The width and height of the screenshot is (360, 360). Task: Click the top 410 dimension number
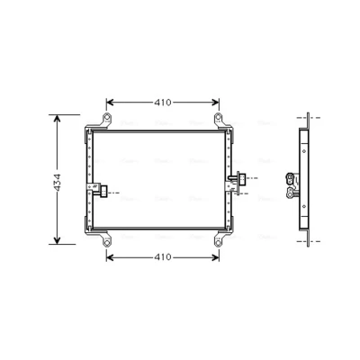163,103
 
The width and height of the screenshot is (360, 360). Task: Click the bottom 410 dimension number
163,257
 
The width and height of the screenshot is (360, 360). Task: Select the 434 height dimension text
57,183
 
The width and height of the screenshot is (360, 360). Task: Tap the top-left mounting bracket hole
106,117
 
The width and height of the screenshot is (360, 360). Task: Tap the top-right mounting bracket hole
218,117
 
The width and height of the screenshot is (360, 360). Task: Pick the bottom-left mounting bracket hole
107,242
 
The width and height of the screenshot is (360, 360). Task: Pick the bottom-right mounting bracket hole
218,242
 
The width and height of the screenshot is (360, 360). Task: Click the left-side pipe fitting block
103,192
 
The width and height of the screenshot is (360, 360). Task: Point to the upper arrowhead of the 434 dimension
57,118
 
